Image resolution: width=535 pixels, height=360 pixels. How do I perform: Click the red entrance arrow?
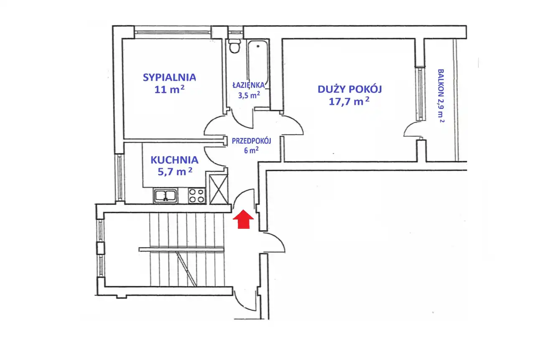coord(243,219)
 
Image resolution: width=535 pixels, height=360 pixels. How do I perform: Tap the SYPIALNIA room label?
coord(169,77)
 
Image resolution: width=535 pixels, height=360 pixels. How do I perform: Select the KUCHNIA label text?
coord(175,160)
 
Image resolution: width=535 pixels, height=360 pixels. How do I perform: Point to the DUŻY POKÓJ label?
coord(350,89)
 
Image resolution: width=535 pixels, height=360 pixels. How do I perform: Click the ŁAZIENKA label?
coord(249,85)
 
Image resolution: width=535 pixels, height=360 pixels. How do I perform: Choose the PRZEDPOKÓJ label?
coord(252,141)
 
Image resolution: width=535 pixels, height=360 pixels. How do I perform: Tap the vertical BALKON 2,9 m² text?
coord(441,96)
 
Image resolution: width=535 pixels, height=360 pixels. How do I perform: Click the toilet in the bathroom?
coord(234,46)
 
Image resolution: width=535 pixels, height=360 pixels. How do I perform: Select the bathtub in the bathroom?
coord(258,63)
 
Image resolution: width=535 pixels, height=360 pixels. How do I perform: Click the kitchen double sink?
coord(165,196)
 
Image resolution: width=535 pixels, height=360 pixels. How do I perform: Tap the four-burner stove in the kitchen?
coord(197,196)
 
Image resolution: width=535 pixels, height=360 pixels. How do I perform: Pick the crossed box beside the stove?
coord(219,189)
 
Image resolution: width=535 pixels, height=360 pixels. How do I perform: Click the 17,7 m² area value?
coord(349,101)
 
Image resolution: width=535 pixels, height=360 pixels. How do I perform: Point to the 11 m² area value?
coord(169,89)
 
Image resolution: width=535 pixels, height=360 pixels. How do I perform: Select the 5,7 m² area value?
coord(175,171)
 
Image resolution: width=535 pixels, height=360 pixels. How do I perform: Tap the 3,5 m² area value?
coord(249,95)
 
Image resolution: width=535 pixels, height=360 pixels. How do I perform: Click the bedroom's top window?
coord(173,33)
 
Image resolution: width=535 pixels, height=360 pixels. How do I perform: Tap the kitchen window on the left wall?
coord(120,177)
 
